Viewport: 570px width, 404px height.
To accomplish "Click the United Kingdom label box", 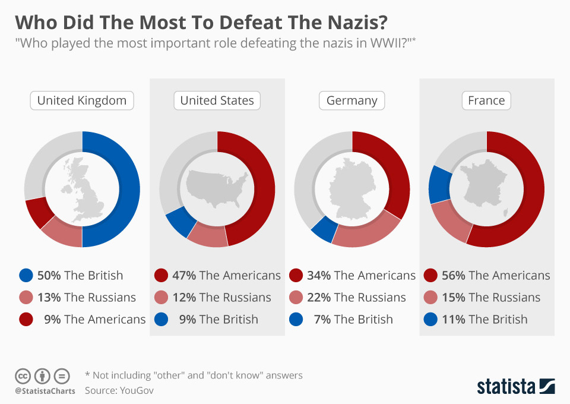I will click(x=82, y=100).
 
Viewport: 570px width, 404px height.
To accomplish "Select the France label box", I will click(x=486, y=100).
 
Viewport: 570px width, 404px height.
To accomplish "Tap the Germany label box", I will click(x=351, y=100).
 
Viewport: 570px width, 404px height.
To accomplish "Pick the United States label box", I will click(x=217, y=100).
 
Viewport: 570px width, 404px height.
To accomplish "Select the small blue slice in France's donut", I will click(x=438, y=184).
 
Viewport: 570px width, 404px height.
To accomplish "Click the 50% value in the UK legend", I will click(x=49, y=276).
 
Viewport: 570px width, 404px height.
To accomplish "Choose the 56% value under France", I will click(x=454, y=276).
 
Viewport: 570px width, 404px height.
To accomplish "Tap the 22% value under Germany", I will click(x=319, y=298).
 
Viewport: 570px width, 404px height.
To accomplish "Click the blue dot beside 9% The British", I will click(x=161, y=320).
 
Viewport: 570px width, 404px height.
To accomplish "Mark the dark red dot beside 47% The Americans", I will click(x=161, y=276).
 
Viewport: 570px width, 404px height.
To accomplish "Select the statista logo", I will click(x=515, y=386).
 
